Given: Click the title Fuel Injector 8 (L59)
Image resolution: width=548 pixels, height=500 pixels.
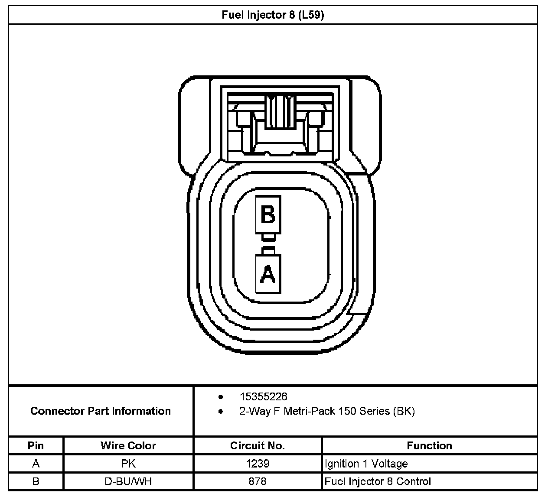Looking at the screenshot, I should pos(273,15).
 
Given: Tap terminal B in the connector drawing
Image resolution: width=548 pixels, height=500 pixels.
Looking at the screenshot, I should pos(268,214).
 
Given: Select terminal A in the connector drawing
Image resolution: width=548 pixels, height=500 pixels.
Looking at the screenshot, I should pos(268,273).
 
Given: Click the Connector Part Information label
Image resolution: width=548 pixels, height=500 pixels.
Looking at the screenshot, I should pos(101,411).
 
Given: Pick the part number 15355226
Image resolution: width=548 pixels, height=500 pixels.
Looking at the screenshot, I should pos(263,396).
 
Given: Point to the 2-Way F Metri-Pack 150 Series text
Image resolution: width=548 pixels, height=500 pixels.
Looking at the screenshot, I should pos(327,411).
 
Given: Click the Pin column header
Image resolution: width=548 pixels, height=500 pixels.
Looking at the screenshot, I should pos(36,445).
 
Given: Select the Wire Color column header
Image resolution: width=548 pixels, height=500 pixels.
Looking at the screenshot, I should pos(128,445).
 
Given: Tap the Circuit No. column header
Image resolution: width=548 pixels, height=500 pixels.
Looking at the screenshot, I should pos(258,445).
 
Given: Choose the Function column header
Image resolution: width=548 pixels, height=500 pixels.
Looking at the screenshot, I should pos(429,445).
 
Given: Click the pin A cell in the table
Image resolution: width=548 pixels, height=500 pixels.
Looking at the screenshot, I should pos(36,464).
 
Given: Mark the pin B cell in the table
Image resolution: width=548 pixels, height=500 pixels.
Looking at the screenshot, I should pos(36,481).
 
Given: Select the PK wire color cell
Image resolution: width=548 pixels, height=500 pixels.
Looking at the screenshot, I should pos(128,464).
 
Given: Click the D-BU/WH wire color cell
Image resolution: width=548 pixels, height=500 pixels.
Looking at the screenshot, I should pos(128,481).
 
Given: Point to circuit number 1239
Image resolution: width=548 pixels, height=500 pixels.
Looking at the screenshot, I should pos(258,464).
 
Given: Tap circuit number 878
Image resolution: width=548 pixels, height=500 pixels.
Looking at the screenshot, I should pos(258,481).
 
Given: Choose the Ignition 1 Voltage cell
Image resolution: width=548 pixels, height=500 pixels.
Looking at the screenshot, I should pos(366,464).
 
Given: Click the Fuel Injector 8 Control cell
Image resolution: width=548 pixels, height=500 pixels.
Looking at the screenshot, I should pos(378,481).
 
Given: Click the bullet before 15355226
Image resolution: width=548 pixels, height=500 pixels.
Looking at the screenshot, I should pos(221,397).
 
